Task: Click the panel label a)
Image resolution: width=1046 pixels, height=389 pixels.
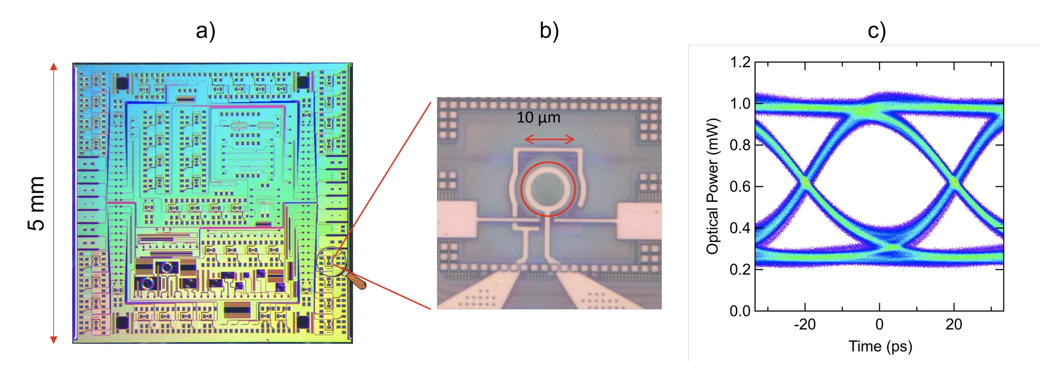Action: pyautogui.click(x=205, y=31)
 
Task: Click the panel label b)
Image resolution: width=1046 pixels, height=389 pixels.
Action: pyautogui.click(x=549, y=31)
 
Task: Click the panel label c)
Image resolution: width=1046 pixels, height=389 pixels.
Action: pyautogui.click(x=876, y=31)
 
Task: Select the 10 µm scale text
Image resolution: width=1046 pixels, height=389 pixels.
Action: pyautogui.click(x=538, y=117)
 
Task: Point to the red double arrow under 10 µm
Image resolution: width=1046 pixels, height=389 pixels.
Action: pyautogui.click(x=549, y=139)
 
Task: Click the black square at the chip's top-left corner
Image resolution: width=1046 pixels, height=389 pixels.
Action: pyautogui.click(x=122, y=83)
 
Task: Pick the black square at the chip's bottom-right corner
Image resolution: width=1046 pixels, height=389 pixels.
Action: pyautogui.click(x=302, y=322)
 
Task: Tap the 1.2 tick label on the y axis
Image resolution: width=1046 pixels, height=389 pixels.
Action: pyautogui.click(x=740, y=63)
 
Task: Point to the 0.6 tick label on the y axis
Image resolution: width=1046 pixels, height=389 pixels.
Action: pyautogui.click(x=740, y=186)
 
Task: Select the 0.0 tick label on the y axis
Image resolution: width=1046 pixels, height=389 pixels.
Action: pyautogui.click(x=740, y=311)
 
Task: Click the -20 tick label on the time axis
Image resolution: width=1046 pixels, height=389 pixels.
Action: pyautogui.click(x=805, y=324)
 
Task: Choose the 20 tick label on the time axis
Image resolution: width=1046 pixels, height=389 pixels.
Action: pyautogui.click(x=954, y=324)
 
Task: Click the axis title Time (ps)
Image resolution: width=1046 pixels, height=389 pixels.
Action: pyautogui.click(x=880, y=347)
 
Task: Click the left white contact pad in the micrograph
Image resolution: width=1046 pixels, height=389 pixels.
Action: pyautogui.click(x=457, y=220)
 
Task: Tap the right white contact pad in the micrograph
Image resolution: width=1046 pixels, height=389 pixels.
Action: pyautogui.click(x=639, y=221)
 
